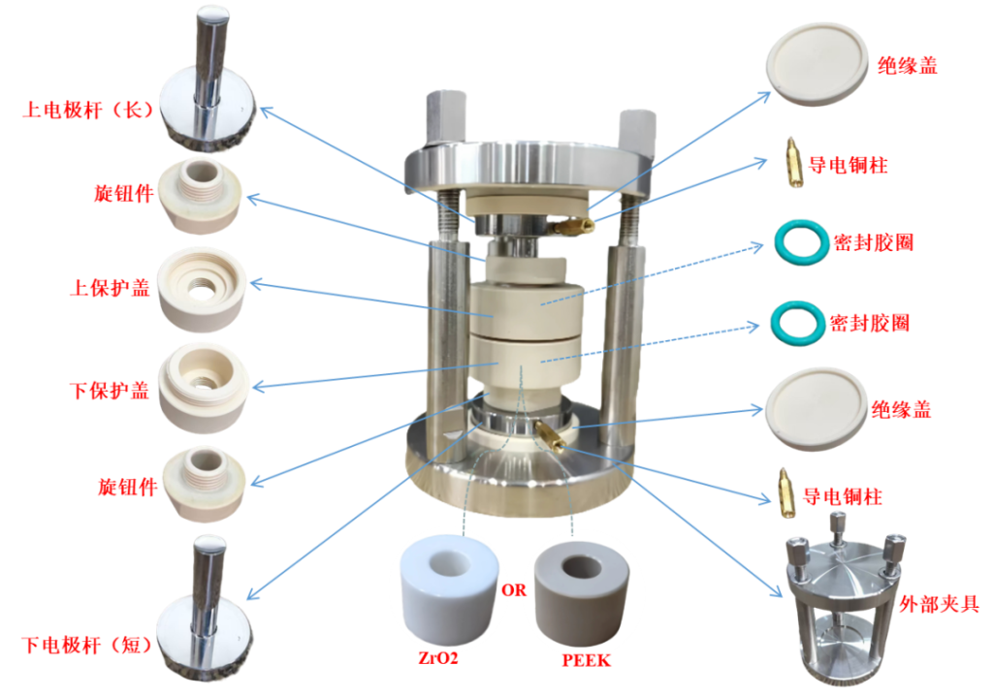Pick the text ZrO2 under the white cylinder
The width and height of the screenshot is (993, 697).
click(433, 660)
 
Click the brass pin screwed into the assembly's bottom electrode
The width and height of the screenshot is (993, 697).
click(547, 432)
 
